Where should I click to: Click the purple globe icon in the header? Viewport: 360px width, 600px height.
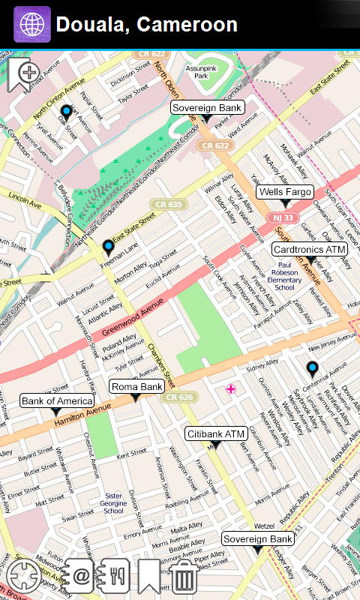coord(32,25)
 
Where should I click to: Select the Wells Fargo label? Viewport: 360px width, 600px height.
coord(284,193)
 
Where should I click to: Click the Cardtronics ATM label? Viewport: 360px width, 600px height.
coord(309,249)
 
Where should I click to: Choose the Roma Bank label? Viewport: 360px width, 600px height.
coord(136,387)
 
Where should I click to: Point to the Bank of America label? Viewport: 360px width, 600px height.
coord(55,401)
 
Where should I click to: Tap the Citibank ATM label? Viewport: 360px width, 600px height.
coord(216,434)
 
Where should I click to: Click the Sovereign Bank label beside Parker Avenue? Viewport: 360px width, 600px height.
coord(206,108)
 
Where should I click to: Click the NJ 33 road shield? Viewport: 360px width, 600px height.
coord(283,217)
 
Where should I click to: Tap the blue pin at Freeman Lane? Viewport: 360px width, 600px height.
coord(108,247)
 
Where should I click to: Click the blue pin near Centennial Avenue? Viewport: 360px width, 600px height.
coord(312,367)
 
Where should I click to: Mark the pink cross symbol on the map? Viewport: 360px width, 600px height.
coord(231,388)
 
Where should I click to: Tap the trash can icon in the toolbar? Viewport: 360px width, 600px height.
coord(184,577)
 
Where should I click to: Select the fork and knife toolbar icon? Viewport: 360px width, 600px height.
coord(116,576)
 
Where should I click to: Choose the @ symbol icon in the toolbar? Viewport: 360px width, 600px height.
coord(80,576)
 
